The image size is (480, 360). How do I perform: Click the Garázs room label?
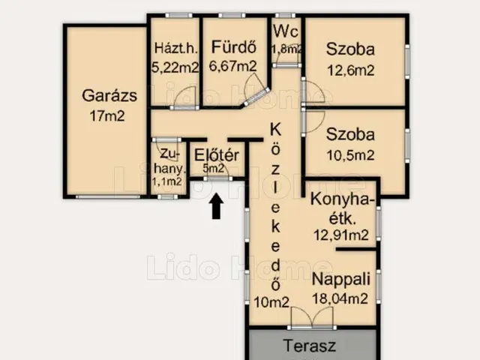(x=109, y=95)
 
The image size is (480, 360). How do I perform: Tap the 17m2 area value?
(x=107, y=116)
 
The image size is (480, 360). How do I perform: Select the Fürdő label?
(x=234, y=47)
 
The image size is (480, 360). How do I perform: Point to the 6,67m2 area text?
(x=233, y=66)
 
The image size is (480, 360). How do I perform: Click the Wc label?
(x=286, y=31)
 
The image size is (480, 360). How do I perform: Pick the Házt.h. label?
(x=176, y=48)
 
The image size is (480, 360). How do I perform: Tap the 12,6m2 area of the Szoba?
(x=351, y=70)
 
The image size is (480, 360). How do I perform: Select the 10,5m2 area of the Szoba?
(x=350, y=155)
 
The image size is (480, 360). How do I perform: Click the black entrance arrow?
(x=217, y=206)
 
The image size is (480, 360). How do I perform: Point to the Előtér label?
(x=217, y=155)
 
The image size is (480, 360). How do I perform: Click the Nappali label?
(x=341, y=279)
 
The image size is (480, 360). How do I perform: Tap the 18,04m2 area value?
(x=340, y=298)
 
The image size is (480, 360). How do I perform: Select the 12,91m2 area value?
(x=341, y=235)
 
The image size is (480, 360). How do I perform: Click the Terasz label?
(x=310, y=346)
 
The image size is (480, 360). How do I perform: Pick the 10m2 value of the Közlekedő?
(x=271, y=302)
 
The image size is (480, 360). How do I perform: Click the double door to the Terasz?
(x=312, y=318)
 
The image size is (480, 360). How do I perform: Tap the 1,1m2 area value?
(x=167, y=181)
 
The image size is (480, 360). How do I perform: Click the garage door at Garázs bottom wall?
(x=108, y=196)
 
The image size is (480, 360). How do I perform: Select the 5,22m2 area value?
(x=175, y=67)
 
